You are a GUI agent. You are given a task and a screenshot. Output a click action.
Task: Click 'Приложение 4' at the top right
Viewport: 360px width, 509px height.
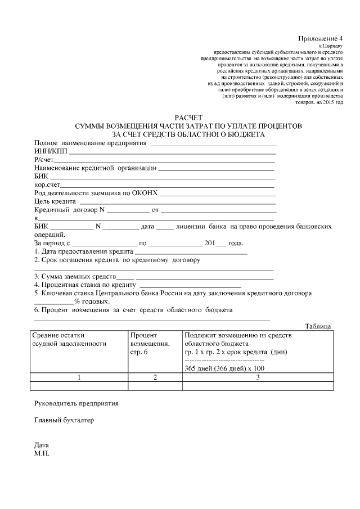click(x=322, y=38)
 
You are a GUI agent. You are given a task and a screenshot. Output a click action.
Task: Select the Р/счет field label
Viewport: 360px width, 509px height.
click(x=44, y=160)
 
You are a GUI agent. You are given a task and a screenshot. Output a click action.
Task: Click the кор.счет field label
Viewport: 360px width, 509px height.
click(x=47, y=184)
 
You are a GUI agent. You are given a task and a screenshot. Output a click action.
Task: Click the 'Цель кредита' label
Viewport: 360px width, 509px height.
click(x=56, y=201)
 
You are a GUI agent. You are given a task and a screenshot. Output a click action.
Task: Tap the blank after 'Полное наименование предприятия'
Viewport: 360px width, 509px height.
click(x=213, y=143)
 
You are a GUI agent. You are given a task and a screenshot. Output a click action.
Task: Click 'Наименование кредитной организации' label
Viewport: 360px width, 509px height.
click(x=95, y=168)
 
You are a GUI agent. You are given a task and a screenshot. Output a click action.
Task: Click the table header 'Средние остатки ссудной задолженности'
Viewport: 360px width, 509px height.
click(x=69, y=340)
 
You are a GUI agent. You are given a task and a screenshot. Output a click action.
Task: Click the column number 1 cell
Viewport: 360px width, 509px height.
click(x=79, y=377)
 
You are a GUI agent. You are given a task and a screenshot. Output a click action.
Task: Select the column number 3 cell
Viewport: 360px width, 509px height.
click(x=258, y=377)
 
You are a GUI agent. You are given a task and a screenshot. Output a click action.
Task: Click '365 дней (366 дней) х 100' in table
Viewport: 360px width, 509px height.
click(x=224, y=368)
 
